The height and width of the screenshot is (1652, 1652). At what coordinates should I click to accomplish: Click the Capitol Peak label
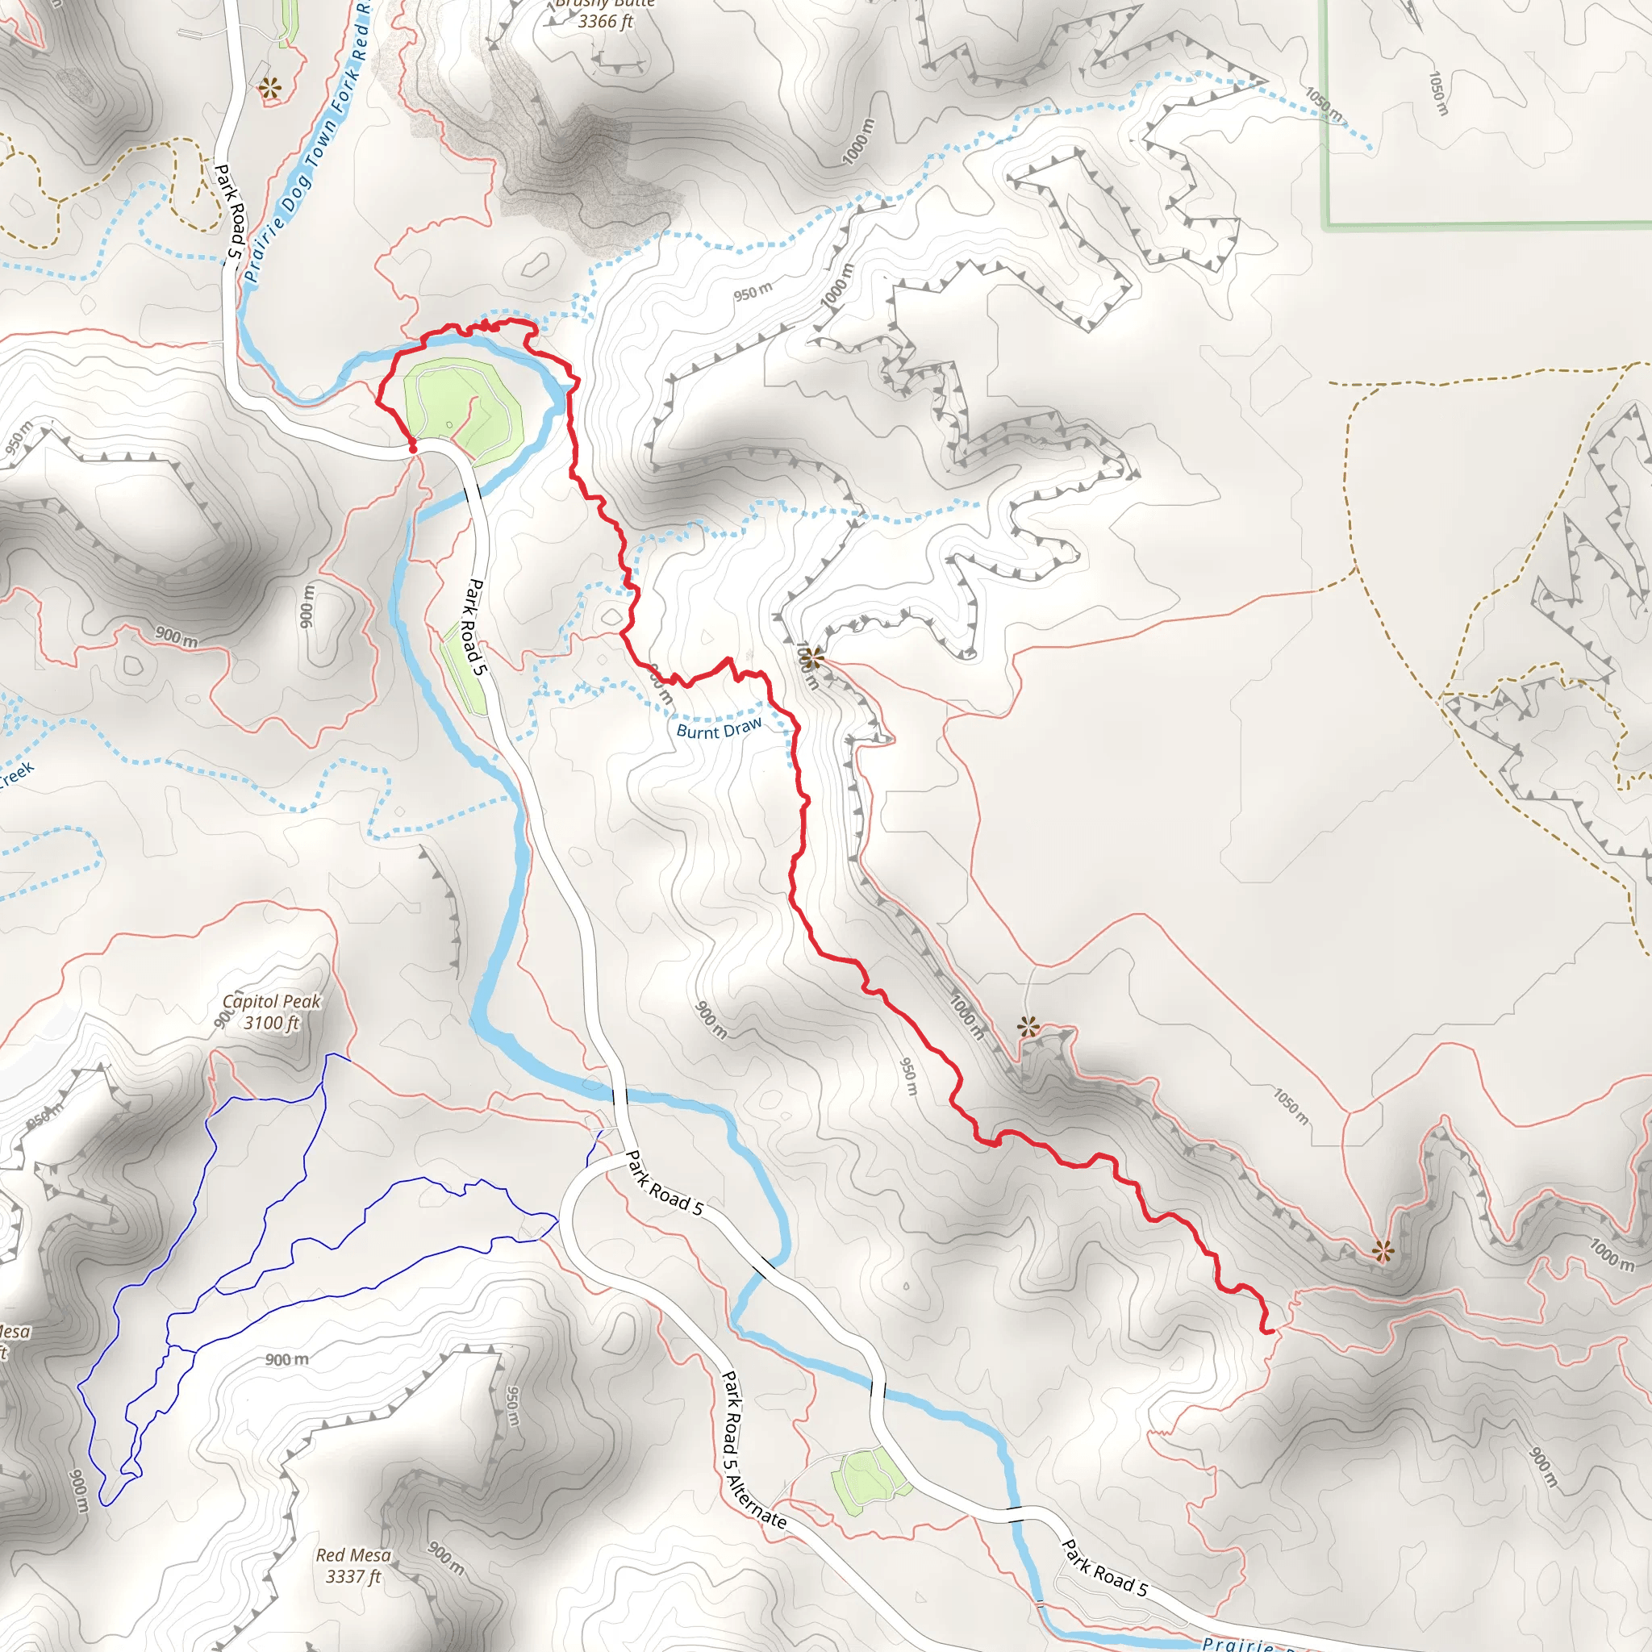pyautogui.click(x=271, y=1001)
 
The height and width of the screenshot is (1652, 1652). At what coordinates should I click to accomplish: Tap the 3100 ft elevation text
pyautogui.click(x=271, y=1023)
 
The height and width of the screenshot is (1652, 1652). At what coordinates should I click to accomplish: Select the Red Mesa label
pyautogui.click(x=353, y=1555)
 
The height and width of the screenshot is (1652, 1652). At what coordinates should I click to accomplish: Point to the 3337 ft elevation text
pyautogui.click(x=353, y=1577)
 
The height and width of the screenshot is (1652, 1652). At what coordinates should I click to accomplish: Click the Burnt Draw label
pyautogui.click(x=718, y=729)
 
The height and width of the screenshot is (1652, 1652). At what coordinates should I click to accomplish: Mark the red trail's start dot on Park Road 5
pyautogui.click(x=413, y=447)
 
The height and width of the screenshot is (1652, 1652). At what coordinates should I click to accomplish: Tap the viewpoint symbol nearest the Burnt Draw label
pyautogui.click(x=812, y=657)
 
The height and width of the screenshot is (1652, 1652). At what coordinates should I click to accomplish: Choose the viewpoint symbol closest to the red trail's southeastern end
pyautogui.click(x=1383, y=1252)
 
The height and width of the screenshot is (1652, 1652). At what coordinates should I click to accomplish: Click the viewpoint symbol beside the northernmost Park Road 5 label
pyautogui.click(x=271, y=86)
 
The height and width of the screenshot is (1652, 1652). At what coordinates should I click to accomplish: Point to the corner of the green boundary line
pyautogui.click(x=1325, y=227)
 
